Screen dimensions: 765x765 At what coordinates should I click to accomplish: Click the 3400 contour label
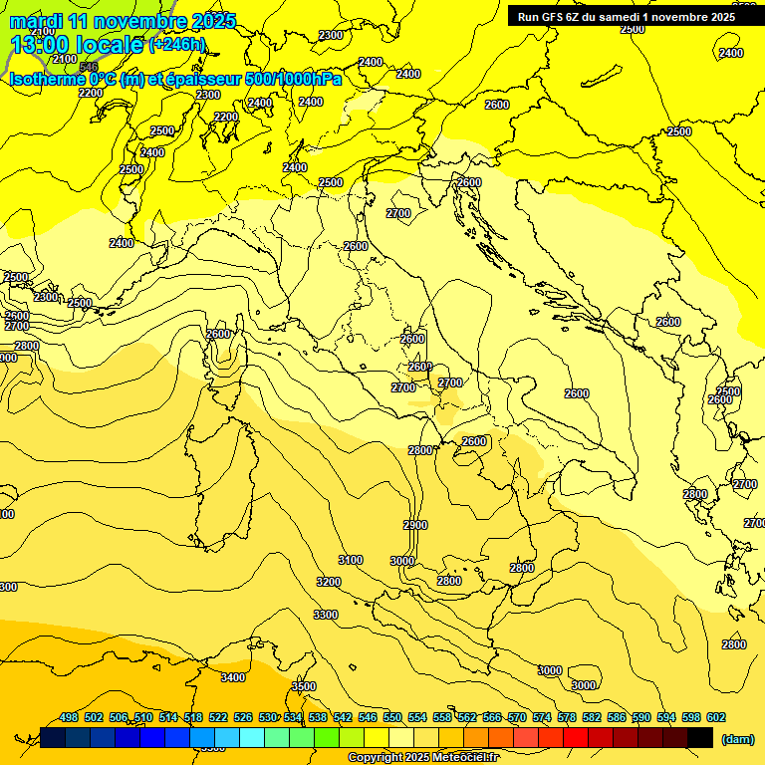click(232, 677)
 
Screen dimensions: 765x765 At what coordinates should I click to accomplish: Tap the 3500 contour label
click(304, 686)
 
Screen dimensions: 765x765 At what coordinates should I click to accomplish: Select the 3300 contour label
click(326, 615)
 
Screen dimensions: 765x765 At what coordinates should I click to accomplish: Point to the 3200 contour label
click(329, 582)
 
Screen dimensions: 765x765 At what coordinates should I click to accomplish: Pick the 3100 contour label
click(351, 560)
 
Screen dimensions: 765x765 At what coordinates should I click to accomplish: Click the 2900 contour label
click(415, 525)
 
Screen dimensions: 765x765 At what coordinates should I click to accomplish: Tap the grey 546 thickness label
click(89, 68)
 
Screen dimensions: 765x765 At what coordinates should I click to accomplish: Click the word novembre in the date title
click(141, 21)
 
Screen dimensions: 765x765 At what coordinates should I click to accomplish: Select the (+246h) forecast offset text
click(177, 44)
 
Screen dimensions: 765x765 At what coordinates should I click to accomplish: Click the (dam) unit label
click(736, 738)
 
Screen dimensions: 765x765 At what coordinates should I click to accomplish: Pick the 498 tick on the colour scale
click(69, 717)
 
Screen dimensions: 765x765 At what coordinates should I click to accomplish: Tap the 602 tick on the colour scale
click(716, 717)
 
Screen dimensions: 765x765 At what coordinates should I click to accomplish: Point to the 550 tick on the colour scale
click(392, 717)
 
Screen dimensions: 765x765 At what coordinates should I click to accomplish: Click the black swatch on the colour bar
click(700, 737)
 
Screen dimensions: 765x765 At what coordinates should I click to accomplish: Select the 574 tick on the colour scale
click(542, 717)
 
